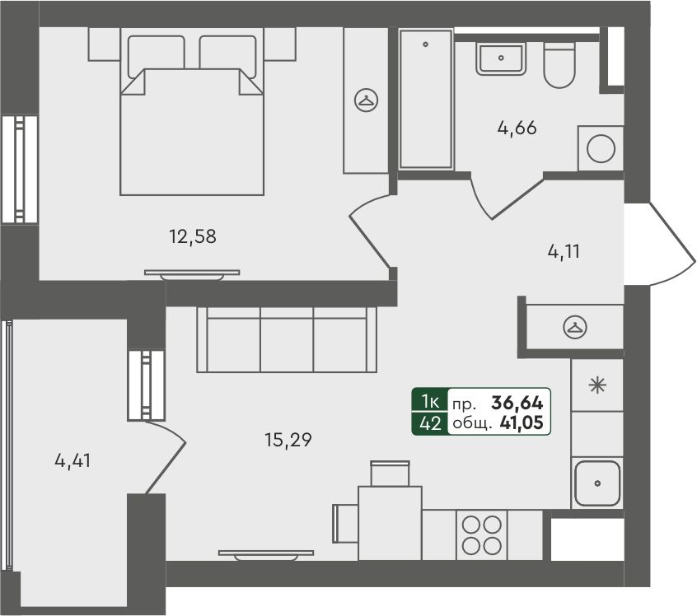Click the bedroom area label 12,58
(x=193, y=236)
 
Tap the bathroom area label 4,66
(x=517, y=128)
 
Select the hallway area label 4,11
(x=564, y=252)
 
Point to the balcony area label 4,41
(x=73, y=460)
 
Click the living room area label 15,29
(x=288, y=440)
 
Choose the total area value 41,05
(x=522, y=422)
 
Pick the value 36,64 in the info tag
(x=517, y=403)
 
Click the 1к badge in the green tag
(x=430, y=402)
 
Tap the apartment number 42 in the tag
(x=430, y=423)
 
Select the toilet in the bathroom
(x=559, y=65)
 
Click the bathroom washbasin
(x=501, y=58)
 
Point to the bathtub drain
(x=425, y=44)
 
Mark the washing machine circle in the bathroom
(x=601, y=148)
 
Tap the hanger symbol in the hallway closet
(x=575, y=327)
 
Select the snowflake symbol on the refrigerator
(x=597, y=385)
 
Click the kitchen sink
(x=597, y=483)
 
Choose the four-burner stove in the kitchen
(x=482, y=535)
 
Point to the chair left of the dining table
(x=345, y=524)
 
